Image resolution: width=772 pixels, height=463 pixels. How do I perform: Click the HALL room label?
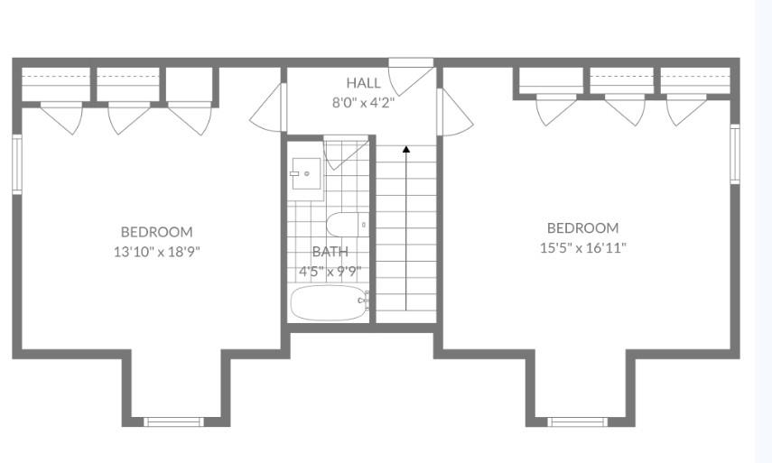tap(363, 83)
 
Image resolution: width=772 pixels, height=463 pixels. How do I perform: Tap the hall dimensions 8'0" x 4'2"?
tap(363, 103)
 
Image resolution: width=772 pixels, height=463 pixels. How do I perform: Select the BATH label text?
tap(330, 252)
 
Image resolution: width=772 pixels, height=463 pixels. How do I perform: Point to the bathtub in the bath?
tap(330, 303)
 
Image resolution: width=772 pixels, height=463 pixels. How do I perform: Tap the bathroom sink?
tap(306, 173)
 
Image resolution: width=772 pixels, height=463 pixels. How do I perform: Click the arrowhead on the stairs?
tap(406, 149)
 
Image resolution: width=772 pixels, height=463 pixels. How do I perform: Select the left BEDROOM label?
tap(156, 232)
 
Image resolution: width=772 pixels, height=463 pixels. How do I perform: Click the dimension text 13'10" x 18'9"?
tap(156, 252)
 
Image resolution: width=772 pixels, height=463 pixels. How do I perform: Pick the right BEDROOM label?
tap(583, 227)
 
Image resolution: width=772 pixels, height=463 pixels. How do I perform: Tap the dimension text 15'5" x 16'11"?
tap(583, 248)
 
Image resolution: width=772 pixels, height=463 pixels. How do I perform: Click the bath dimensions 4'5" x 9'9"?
tap(330, 271)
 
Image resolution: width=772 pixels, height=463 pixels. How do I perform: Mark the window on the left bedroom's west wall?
tap(17, 164)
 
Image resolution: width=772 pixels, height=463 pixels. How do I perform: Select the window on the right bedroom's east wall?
tap(735, 154)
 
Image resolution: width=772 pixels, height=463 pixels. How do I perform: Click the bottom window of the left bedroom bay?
tap(173, 421)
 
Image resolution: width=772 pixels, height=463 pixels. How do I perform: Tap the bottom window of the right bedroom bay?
tap(578, 421)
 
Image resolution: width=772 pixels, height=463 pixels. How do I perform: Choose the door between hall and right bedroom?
tap(455, 113)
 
